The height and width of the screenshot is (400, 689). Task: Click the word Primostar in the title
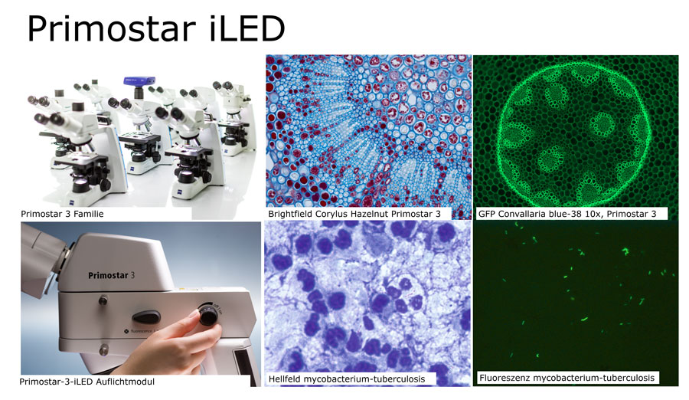click(112, 28)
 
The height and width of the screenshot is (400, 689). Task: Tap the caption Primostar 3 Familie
click(62, 214)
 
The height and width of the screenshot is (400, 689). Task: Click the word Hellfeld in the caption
click(284, 379)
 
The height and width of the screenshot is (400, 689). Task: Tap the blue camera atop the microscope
click(139, 81)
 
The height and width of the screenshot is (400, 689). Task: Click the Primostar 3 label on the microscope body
click(111, 275)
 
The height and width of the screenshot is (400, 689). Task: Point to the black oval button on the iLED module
click(146, 316)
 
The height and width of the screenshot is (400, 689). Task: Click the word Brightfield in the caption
click(290, 214)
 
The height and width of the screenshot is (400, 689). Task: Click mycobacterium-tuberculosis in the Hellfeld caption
click(364, 379)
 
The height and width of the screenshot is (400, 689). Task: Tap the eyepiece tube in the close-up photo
click(42, 255)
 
